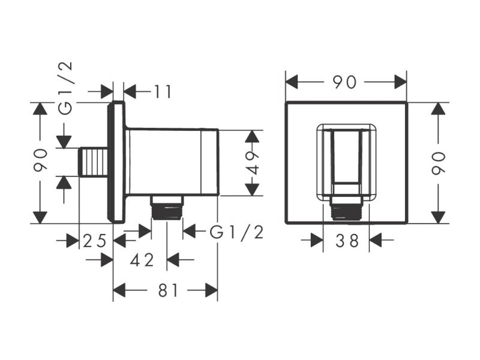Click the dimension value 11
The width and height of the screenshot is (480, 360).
(x=163, y=92)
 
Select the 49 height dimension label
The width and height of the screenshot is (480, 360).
(x=253, y=163)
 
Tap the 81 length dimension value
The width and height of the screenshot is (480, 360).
(x=168, y=290)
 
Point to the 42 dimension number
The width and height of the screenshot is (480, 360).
(x=142, y=260)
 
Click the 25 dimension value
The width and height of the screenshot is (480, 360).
(x=95, y=241)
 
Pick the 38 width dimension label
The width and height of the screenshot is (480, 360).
(x=347, y=241)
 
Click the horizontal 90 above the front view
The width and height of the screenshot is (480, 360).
(x=344, y=82)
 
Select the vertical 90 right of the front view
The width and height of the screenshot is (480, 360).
(x=439, y=163)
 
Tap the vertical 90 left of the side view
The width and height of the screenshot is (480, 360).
(x=40, y=160)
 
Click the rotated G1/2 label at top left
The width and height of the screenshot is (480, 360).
(x=66, y=88)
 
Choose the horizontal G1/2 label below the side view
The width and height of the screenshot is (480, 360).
(x=236, y=233)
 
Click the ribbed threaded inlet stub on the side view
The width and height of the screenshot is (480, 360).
(x=93, y=162)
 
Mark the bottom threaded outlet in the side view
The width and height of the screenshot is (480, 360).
(x=167, y=207)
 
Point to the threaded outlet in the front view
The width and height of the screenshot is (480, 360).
(x=346, y=208)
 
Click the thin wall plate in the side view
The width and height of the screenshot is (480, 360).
(x=116, y=162)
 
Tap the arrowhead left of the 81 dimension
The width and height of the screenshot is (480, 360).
(x=119, y=290)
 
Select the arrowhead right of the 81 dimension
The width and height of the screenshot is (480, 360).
(x=212, y=290)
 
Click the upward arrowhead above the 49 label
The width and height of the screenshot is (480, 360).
(x=253, y=137)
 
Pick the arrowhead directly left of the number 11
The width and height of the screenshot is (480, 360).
(x=130, y=92)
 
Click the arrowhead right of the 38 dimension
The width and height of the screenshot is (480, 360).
(x=376, y=241)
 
